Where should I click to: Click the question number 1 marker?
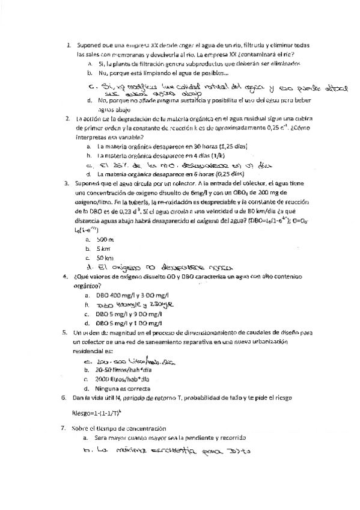[x=69, y=45]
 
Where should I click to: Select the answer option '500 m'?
[x=105, y=222]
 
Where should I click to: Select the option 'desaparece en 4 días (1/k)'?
[x=156, y=155]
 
